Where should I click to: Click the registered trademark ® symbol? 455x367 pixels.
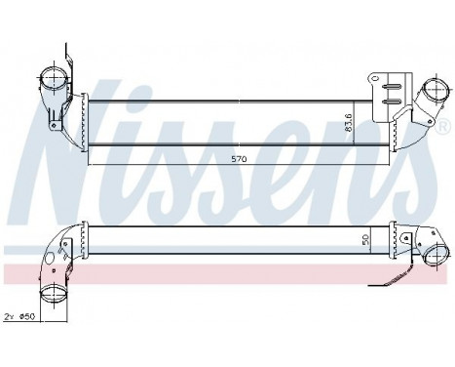[443, 128]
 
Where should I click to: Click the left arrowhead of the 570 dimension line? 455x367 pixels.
[91, 162]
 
